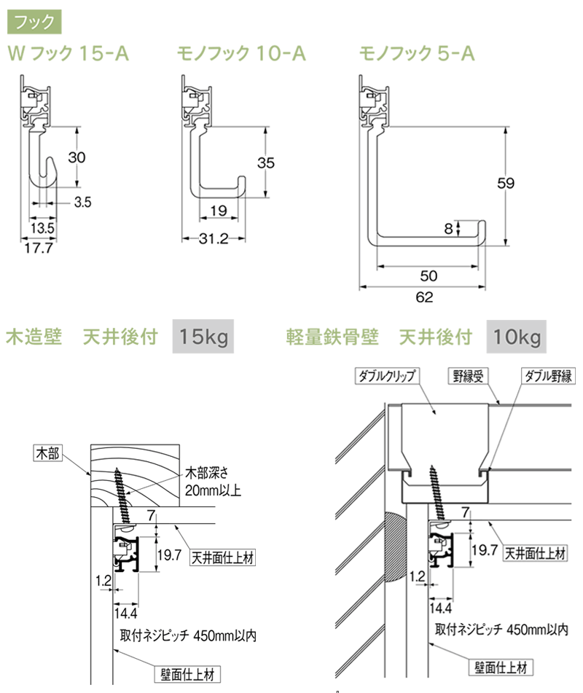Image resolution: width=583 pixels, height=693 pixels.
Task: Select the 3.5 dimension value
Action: tap(82, 203)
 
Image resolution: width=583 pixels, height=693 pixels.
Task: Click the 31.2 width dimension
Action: tap(214, 238)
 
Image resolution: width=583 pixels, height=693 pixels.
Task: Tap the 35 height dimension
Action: tap(266, 163)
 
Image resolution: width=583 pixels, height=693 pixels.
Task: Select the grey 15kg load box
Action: tap(203, 337)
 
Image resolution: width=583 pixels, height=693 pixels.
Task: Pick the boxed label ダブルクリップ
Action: tap(386, 376)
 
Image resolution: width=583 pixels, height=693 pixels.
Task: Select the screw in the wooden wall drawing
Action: tap(124, 496)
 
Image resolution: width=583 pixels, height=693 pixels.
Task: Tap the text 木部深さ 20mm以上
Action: tap(211, 479)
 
